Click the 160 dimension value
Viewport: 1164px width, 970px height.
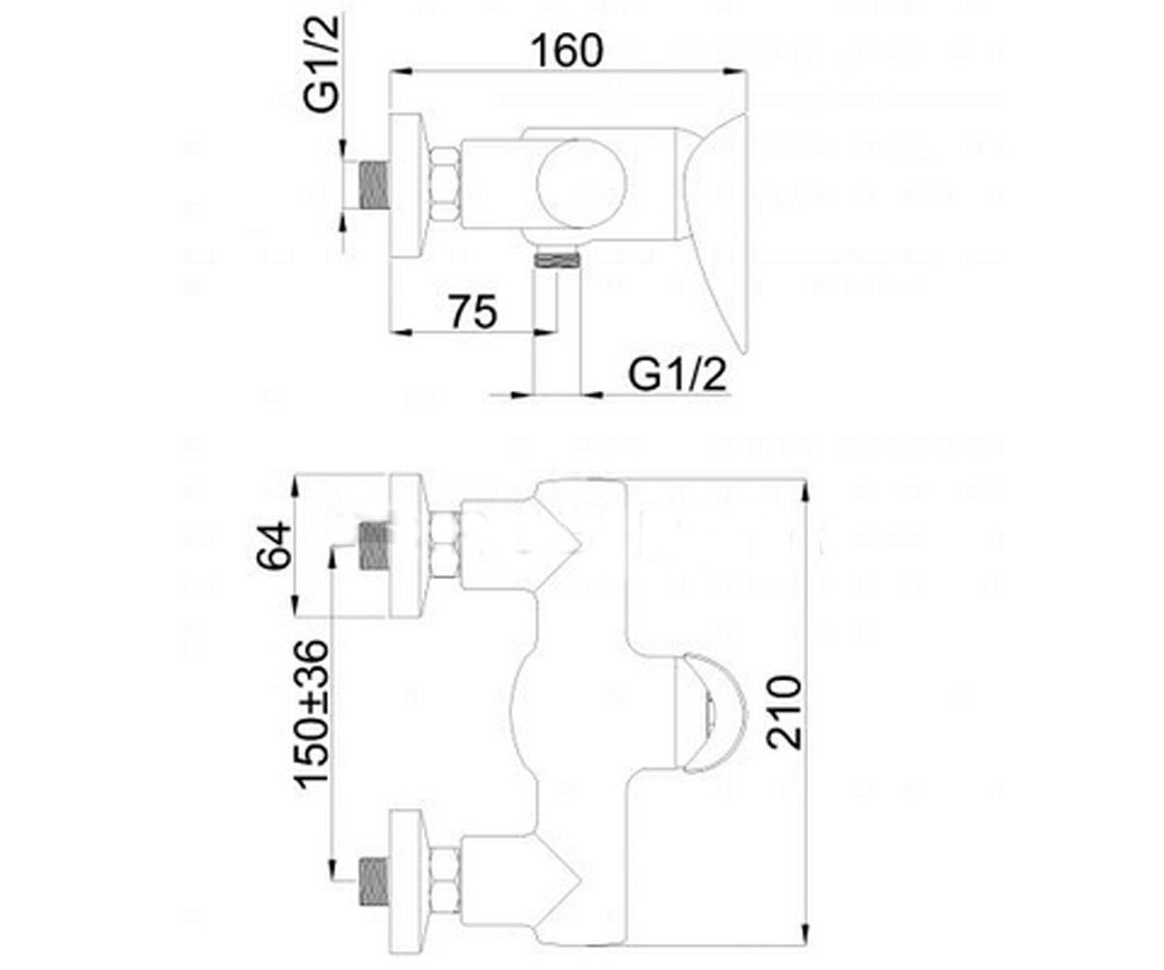pos(566,50)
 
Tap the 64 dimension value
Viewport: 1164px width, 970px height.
pos(274,544)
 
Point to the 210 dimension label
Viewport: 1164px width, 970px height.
pos(783,712)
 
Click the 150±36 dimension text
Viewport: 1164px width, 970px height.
pos(311,715)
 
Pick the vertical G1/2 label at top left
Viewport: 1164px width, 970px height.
pos(321,63)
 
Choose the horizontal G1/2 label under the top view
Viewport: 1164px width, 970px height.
pos(677,375)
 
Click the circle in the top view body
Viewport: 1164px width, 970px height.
pos(581,184)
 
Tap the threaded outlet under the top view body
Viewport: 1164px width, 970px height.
pos(557,261)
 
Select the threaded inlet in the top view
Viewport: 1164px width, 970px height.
pos(373,185)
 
